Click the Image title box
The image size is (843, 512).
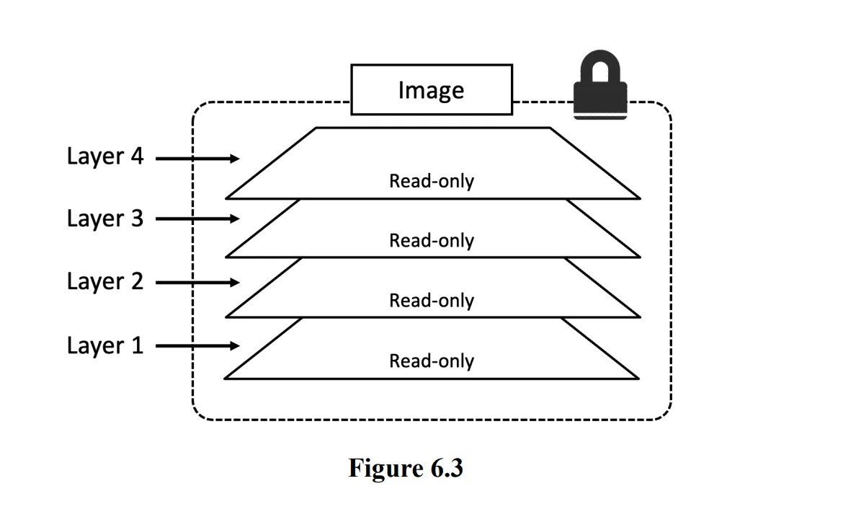pos(431,89)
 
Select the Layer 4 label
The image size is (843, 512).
pos(105,156)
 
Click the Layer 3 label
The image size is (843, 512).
pos(105,219)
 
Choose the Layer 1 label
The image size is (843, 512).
pos(105,345)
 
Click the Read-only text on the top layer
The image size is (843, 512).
pos(432,182)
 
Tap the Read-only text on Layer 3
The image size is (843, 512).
pos(432,241)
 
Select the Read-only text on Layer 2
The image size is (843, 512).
pos(432,301)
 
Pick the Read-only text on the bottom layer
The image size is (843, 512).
pos(432,361)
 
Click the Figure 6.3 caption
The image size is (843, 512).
pos(406,469)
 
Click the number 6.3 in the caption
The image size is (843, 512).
pos(446,469)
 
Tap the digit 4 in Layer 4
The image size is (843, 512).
pos(136,156)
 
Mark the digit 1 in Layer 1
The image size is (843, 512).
pos(136,345)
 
